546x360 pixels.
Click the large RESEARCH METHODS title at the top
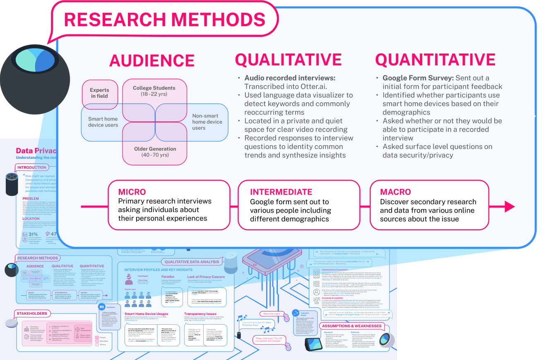pyautogui.click(x=165, y=19)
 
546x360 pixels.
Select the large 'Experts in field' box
pyautogui.click(x=100, y=93)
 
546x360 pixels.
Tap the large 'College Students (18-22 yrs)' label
pyautogui.click(x=154, y=91)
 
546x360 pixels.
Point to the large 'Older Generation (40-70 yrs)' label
pyautogui.click(x=154, y=152)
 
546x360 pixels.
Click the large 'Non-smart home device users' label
pyautogui.click(x=207, y=122)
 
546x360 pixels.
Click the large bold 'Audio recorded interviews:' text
pyautogui.click(x=289, y=78)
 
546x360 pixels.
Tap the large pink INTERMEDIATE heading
pyautogui.click(x=281, y=192)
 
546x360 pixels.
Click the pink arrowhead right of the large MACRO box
pyautogui.click(x=510, y=206)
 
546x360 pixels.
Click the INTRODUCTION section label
pyautogui.click(x=32, y=168)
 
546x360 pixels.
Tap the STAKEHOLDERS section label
pyautogui.click(x=32, y=313)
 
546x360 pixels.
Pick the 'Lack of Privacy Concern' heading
pyautogui.click(x=206, y=277)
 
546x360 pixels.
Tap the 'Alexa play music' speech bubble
pyautogui.click(x=271, y=314)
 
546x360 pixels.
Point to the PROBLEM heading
pyautogui.click(x=31, y=198)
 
